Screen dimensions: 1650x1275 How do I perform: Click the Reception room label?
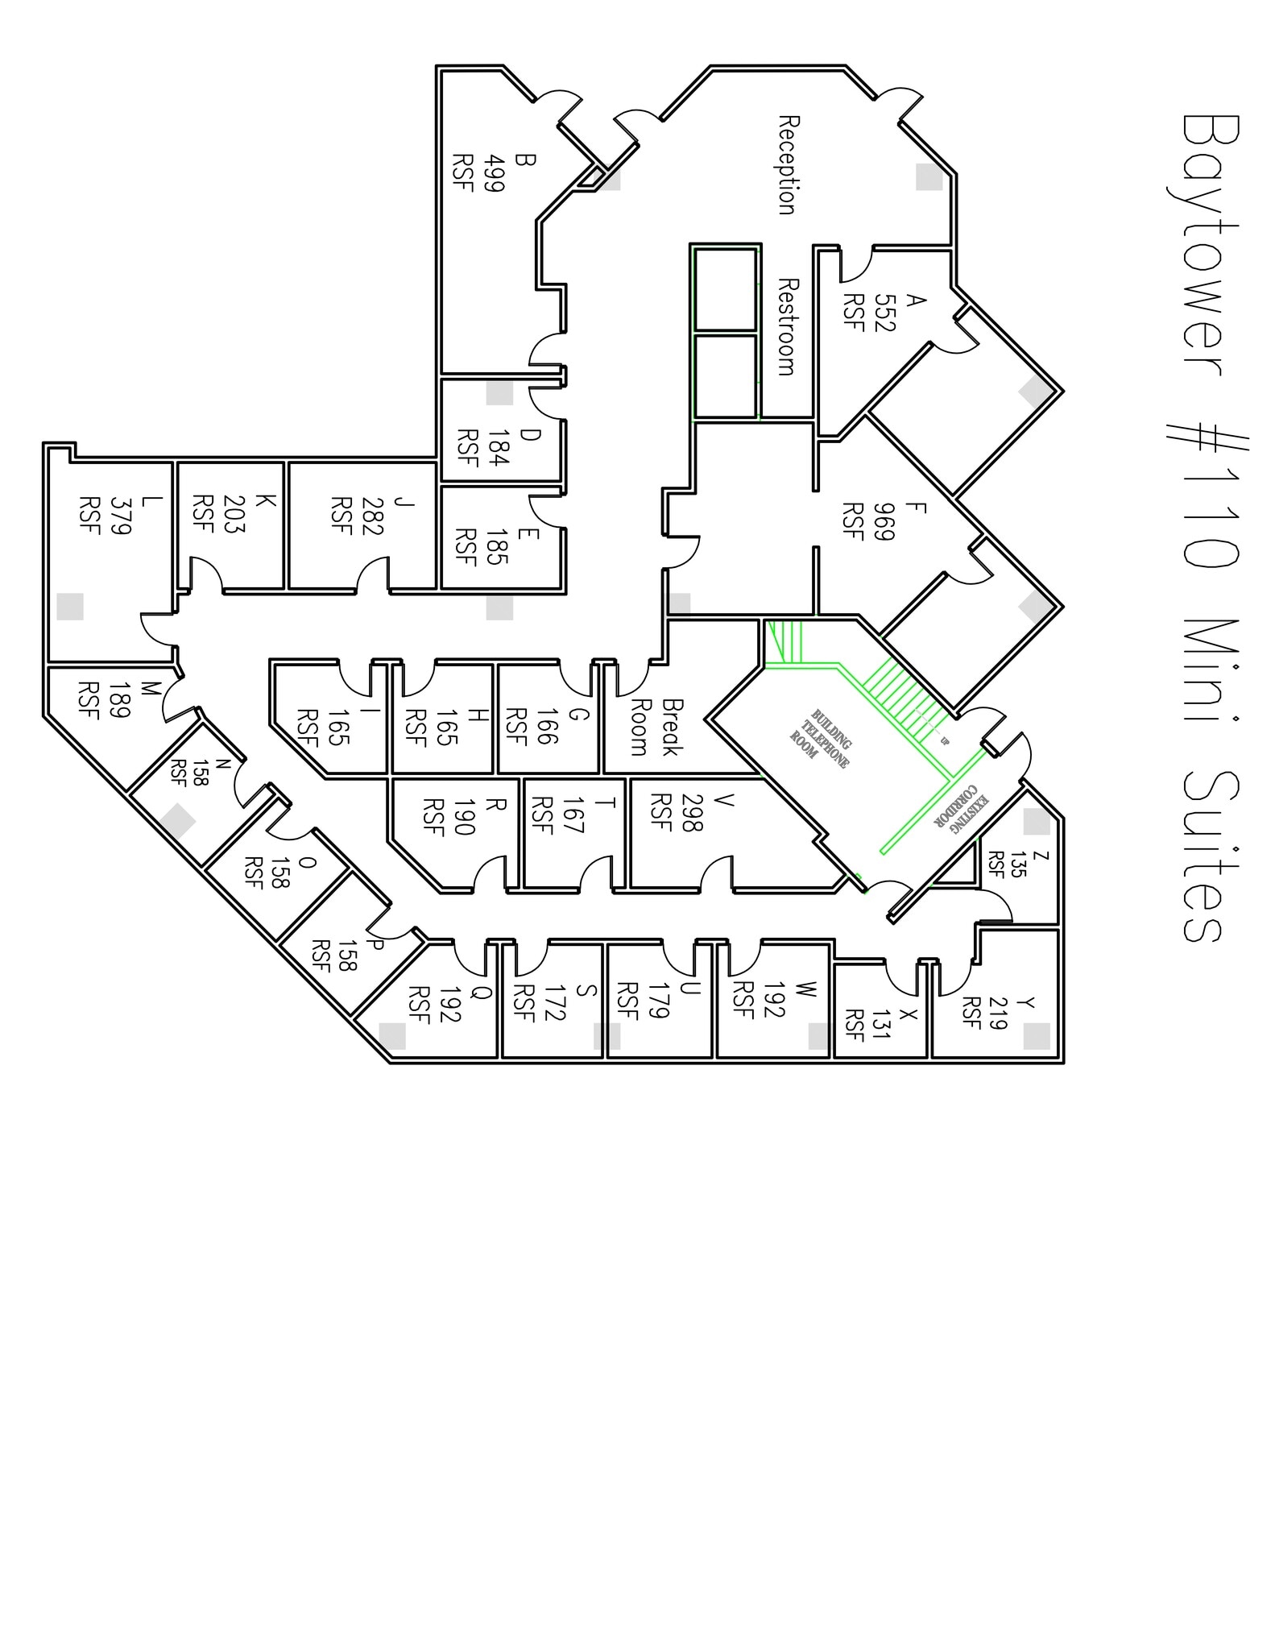(788, 165)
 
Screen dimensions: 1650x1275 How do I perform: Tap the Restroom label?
(787, 327)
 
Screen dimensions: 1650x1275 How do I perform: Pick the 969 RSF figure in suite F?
(884, 521)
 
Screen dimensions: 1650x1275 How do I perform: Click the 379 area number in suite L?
(120, 516)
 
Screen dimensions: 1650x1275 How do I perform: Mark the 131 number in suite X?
(880, 1023)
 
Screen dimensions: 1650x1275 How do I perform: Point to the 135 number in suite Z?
(1017, 864)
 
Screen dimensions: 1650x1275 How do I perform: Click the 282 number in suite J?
(372, 516)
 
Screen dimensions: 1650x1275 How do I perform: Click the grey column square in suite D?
(499, 393)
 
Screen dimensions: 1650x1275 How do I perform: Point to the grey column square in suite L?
(70, 607)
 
